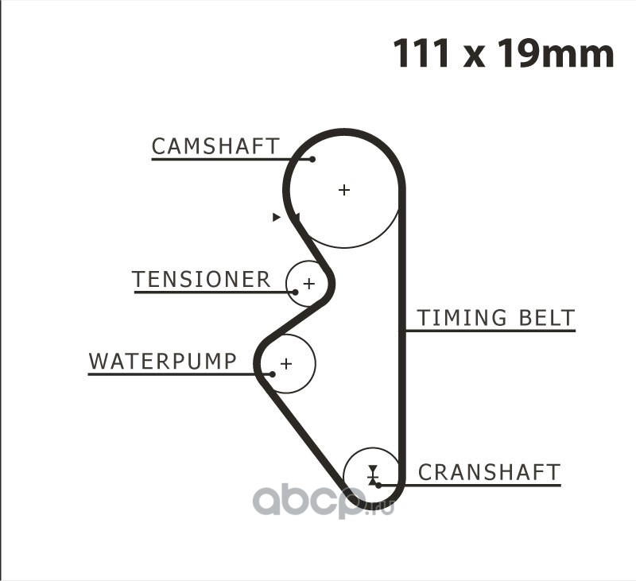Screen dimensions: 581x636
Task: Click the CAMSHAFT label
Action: click(x=215, y=146)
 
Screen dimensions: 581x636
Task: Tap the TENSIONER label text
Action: click(x=201, y=280)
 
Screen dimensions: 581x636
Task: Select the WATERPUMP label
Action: click(x=162, y=362)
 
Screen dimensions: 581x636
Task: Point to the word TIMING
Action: click(x=462, y=318)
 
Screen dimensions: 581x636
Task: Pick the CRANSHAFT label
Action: click(x=489, y=472)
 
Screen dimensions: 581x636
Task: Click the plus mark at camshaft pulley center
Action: click(x=343, y=190)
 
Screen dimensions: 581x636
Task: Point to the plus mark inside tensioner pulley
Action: click(x=308, y=283)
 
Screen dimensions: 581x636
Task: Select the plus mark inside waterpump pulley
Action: click(x=286, y=364)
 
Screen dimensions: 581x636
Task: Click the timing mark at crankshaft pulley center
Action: click(x=372, y=474)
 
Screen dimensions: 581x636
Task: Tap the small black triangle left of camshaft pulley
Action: click(x=276, y=217)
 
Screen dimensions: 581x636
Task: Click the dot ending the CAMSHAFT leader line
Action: click(x=312, y=159)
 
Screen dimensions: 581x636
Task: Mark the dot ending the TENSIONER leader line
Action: click(x=295, y=292)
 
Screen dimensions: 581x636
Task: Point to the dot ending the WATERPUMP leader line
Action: click(x=272, y=374)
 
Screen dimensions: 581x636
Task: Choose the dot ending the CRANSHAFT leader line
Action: click(x=378, y=484)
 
